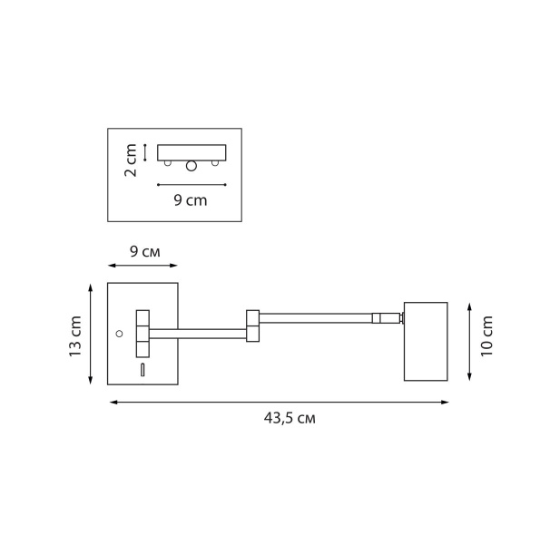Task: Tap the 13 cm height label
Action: (x=76, y=335)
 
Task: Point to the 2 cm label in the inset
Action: (x=132, y=160)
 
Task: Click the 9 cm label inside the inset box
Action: (x=191, y=200)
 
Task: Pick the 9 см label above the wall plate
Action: (x=144, y=251)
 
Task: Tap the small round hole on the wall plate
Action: (x=119, y=334)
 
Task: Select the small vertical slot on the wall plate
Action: (x=142, y=369)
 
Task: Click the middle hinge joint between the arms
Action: (x=252, y=326)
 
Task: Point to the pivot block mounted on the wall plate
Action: (x=142, y=334)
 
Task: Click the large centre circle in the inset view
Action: (x=191, y=166)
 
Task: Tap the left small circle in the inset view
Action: (x=167, y=163)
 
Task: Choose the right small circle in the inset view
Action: (x=215, y=163)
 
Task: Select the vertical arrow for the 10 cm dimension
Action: (x=467, y=342)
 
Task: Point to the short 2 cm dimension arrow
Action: (x=145, y=151)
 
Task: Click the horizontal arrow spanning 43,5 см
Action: (x=279, y=403)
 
